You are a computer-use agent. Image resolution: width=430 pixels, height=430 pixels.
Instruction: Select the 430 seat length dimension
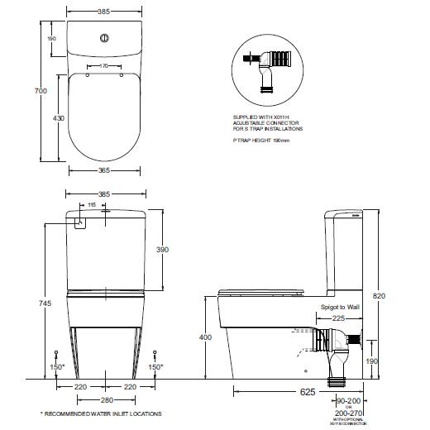click(x=57, y=118)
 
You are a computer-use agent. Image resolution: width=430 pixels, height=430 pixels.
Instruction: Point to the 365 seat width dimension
click(x=104, y=170)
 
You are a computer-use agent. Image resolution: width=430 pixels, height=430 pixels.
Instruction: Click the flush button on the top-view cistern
click(x=104, y=37)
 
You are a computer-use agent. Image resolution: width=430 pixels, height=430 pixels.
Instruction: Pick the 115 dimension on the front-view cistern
click(x=92, y=204)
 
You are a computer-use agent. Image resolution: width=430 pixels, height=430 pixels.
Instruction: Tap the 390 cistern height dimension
click(x=164, y=250)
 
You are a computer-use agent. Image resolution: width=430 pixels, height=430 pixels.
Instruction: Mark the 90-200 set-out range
click(x=348, y=399)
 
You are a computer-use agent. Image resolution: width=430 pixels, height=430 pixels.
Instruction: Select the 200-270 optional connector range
click(x=348, y=413)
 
